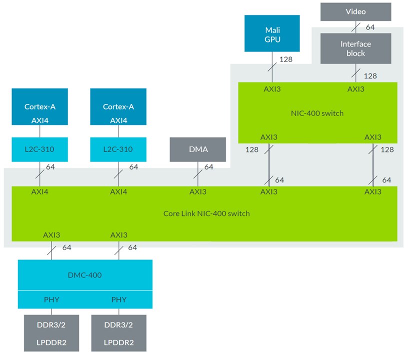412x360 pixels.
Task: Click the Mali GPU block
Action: (x=272, y=33)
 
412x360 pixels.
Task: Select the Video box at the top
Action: (x=356, y=11)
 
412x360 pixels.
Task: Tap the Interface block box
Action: (x=356, y=48)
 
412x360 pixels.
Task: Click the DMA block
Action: (x=198, y=149)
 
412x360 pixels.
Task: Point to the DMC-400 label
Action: (x=84, y=274)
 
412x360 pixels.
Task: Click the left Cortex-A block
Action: (x=40, y=106)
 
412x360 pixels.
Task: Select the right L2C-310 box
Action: (x=118, y=149)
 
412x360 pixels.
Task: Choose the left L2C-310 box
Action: (x=40, y=149)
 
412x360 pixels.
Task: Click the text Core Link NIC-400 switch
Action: (x=206, y=213)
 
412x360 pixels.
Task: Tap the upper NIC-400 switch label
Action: (x=317, y=113)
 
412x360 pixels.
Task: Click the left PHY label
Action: (x=52, y=300)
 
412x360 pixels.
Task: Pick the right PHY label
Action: (x=118, y=300)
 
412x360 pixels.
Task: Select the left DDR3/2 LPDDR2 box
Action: (x=52, y=332)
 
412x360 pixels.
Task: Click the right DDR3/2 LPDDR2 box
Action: (x=118, y=332)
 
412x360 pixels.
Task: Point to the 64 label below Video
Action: (x=370, y=26)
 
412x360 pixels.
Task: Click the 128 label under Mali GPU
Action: (x=286, y=59)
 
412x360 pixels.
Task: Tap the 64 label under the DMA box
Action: (x=208, y=167)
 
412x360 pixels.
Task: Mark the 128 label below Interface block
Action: (x=370, y=75)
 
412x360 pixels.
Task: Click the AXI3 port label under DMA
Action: (x=198, y=191)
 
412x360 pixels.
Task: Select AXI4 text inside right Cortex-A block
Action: (x=118, y=120)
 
